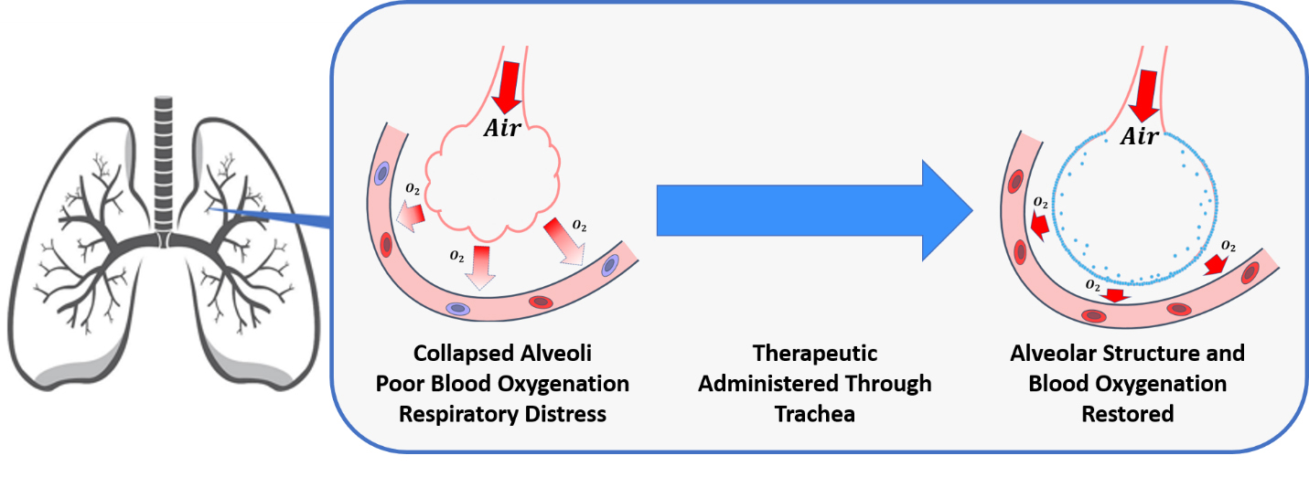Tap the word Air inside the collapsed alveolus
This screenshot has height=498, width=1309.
coord(501,129)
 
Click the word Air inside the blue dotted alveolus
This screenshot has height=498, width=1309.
coord(1140,136)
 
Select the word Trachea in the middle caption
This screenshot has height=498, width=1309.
coord(814,414)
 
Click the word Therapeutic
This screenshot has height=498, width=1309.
coord(814,354)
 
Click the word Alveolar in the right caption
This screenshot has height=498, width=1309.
coord(1051,354)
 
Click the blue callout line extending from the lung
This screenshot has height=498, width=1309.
coord(274,216)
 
